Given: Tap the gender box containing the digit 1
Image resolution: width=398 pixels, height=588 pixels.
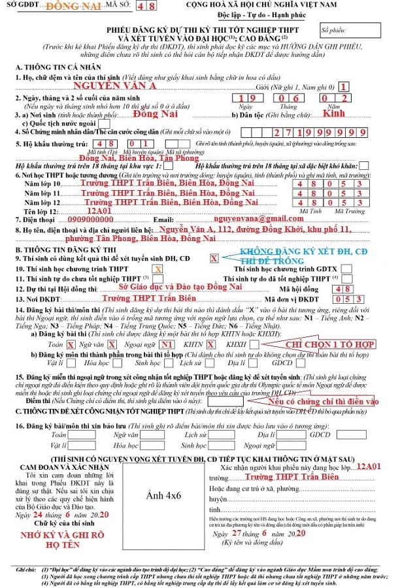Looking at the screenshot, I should tap(344, 86).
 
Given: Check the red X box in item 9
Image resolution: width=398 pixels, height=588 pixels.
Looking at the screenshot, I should tap(214, 259).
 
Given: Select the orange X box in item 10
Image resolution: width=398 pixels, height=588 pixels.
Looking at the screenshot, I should tap(158, 269).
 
